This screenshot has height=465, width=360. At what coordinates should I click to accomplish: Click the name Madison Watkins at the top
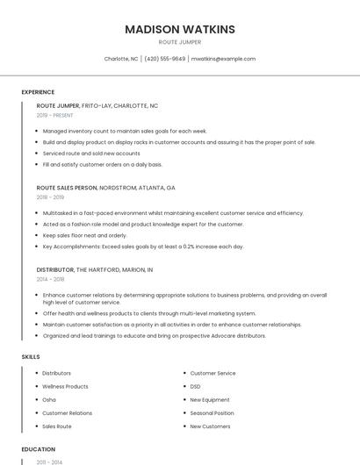click(x=180, y=29)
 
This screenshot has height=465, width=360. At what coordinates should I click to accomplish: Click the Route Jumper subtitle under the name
click(x=180, y=42)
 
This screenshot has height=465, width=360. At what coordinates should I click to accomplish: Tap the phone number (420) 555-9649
click(x=165, y=59)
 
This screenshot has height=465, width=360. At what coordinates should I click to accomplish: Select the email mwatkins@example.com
click(x=223, y=59)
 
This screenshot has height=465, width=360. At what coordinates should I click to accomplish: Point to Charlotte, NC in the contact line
click(x=121, y=59)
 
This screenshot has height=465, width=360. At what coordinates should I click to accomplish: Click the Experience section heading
click(x=38, y=92)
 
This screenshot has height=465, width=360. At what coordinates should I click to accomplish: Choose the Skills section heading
click(x=31, y=357)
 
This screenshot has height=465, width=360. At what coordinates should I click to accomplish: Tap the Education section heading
click(x=38, y=449)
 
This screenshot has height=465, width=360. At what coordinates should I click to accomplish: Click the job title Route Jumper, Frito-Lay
click(x=97, y=105)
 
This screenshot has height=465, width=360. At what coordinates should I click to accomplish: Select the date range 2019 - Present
click(x=54, y=115)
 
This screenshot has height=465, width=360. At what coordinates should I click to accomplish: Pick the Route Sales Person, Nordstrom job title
click(x=105, y=188)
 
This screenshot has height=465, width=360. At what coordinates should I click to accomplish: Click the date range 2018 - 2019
click(x=50, y=197)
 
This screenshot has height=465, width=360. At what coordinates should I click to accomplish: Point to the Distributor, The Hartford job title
click(x=95, y=270)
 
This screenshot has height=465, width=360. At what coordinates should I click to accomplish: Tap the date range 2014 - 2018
click(x=50, y=280)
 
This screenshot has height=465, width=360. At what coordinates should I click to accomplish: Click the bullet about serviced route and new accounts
click(x=90, y=154)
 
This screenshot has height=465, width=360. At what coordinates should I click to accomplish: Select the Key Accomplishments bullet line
click(x=143, y=247)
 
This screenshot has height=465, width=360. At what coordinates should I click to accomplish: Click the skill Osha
click(x=49, y=400)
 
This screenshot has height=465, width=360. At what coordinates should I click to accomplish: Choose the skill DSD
click(x=196, y=387)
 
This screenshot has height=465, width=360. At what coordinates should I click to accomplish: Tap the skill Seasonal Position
click(x=212, y=413)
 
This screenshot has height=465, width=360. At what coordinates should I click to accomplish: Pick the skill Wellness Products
click(x=66, y=387)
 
